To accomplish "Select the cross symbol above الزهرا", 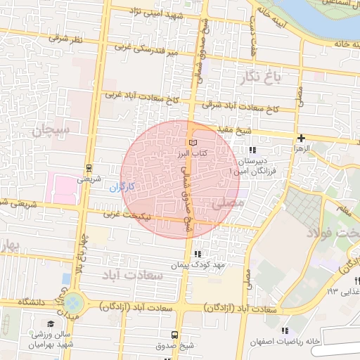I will pos(302,139).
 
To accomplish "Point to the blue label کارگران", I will pos(122,188).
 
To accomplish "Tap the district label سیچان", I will pos(51,129).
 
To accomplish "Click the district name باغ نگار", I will pos(262,76).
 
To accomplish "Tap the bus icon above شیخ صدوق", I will pos(175,335).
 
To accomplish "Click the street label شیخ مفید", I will pos(253,131).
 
